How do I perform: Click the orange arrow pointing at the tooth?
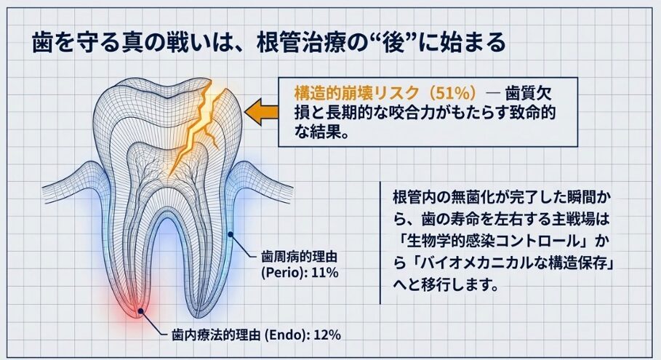261,113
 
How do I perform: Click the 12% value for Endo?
327,335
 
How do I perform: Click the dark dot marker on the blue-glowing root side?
231,234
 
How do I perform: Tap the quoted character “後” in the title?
393,43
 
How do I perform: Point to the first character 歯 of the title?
43,43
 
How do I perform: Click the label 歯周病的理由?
300,257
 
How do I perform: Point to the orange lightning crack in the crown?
197,127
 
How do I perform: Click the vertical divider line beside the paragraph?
380,243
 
